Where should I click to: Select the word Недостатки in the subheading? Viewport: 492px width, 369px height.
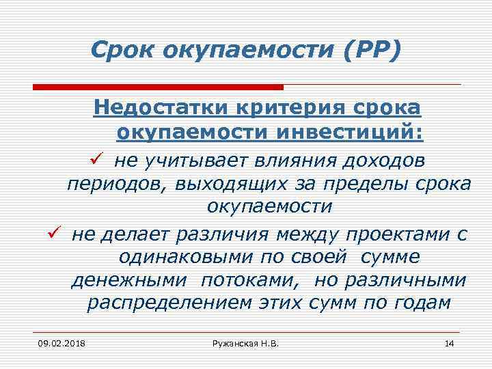[161, 108]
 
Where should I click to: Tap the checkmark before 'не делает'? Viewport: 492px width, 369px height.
[56, 233]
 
